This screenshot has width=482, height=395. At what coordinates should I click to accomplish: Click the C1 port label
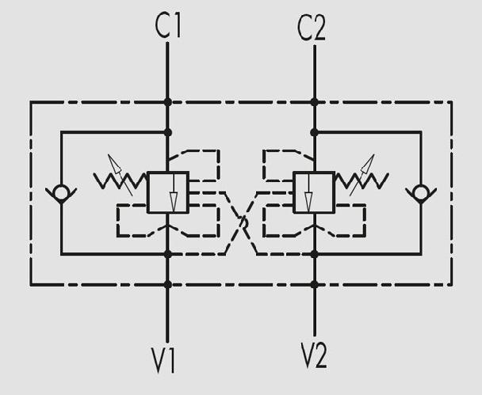[168, 26]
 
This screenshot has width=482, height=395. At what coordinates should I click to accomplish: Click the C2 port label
[311, 28]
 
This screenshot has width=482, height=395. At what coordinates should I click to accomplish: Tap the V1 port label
[163, 359]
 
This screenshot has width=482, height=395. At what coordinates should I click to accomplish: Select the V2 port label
[314, 355]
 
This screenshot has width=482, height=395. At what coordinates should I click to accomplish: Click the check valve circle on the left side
[61, 193]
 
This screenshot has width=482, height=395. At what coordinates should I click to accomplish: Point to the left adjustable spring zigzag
[120, 180]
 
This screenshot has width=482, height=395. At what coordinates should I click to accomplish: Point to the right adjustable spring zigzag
[361, 180]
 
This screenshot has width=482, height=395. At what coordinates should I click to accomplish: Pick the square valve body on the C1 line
[168, 192]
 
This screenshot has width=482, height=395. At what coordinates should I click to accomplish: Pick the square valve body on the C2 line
[314, 192]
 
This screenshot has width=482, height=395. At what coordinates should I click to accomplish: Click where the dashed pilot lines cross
[243, 222]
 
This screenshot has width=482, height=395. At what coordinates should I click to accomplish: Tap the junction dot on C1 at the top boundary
[168, 102]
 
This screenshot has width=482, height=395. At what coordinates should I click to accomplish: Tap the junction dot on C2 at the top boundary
[314, 102]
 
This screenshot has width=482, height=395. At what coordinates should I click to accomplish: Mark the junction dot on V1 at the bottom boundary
[168, 285]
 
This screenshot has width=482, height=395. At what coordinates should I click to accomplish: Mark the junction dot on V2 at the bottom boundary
[314, 285]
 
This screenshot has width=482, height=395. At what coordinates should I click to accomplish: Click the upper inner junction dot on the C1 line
[168, 132]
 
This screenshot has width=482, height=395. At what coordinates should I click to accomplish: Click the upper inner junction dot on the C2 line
[314, 132]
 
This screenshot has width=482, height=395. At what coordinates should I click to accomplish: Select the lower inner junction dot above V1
[168, 254]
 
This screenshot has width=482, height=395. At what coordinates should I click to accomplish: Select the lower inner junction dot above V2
[314, 254]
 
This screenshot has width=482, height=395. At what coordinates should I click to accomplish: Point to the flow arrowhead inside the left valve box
[174, 202]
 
